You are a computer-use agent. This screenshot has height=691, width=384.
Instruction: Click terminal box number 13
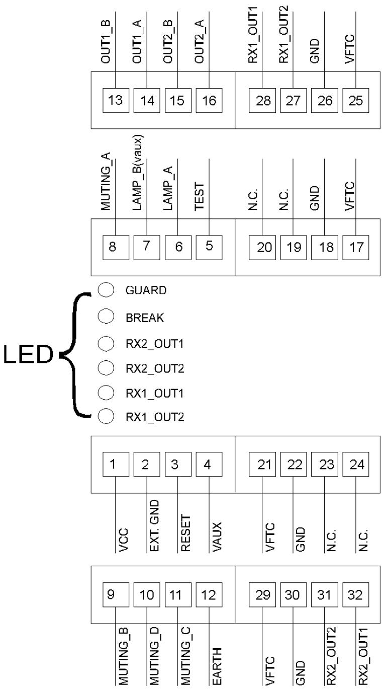[116, 100]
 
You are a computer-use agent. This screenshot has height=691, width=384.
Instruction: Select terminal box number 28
[262, 100]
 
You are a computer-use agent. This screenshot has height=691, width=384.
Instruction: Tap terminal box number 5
[209, 248]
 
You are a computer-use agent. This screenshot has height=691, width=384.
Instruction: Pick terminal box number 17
[356, 248]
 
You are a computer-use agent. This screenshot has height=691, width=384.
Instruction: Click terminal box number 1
[116, 464]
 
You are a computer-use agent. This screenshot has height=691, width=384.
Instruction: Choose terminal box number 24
[356, 464]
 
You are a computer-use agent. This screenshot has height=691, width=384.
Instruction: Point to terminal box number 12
[209, 595]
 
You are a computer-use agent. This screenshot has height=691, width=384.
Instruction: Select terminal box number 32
[356, 595]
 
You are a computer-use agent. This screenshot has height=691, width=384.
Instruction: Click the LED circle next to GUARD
[106, 290]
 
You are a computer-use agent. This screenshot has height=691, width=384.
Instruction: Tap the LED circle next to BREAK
[106, 316]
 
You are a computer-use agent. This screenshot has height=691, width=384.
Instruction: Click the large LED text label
[28, 354]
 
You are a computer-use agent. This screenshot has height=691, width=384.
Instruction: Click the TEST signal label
[200, 196]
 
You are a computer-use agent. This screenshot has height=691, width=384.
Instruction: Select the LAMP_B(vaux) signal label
[137, 173]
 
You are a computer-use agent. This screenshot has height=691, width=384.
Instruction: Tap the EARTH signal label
[217, 665]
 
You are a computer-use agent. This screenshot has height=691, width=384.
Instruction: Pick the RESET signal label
[185, 533]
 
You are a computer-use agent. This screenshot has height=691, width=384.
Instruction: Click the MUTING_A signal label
[106, 181]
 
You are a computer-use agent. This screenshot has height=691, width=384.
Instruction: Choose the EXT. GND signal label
[154, 526]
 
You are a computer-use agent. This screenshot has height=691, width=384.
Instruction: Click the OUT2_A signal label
[200, 41]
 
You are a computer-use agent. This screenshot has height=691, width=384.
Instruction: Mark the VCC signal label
[123, 540]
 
